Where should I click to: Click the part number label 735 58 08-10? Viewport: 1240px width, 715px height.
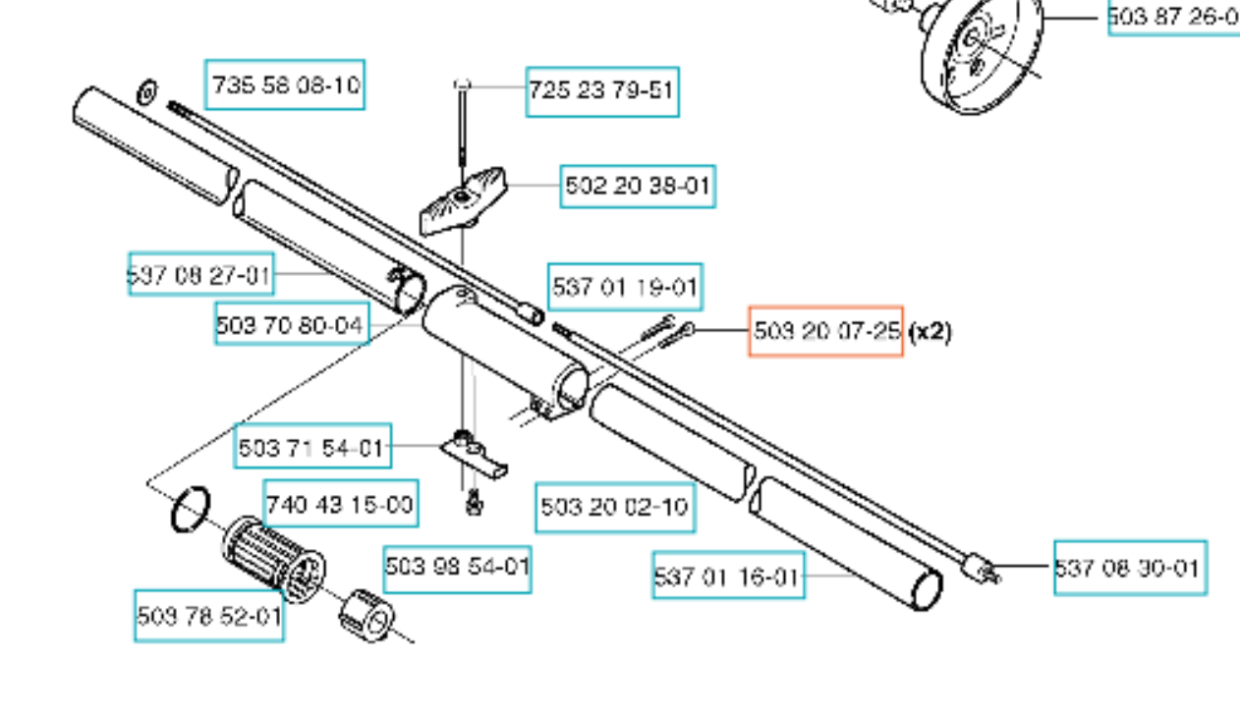tap(285, 84)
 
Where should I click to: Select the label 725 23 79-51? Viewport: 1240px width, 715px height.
tap(601, 91)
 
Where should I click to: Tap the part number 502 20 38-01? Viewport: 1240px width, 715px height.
tap(638, 186)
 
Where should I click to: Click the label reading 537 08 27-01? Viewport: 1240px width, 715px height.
tap(200, 274)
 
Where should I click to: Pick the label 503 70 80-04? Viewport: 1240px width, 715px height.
tap(291, 324)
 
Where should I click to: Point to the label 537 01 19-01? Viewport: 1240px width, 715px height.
tap(625, 287)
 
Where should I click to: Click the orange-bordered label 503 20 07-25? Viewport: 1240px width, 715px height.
tap(825, 331)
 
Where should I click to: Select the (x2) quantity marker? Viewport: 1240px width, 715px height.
tap(930, 331)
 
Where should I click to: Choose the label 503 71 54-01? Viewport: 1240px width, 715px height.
tap(312, 448)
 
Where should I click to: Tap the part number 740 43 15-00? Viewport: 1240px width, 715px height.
tap(341, 505)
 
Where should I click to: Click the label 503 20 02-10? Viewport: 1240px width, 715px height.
tap(615, 507)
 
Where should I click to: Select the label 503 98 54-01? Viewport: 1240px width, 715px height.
tap(457, 568)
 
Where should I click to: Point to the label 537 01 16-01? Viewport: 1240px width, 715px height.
tap(728, 576)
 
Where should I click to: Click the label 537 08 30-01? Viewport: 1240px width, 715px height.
tap(1129, 568)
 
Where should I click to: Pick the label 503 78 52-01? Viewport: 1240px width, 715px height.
tap(208, 617)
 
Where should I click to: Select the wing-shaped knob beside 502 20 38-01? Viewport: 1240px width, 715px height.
tap(463, 202)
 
